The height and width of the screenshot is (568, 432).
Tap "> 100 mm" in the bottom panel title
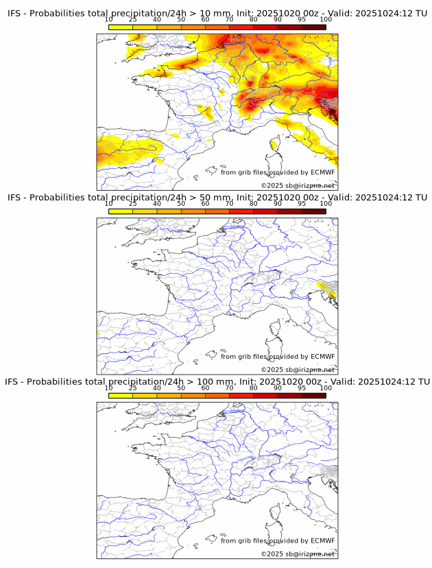coord(216,381)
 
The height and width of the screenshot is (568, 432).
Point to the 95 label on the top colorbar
coord(302,19)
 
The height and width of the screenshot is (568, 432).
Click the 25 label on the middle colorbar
coord(132,204)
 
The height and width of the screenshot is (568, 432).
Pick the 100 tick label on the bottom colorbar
coord(326,388)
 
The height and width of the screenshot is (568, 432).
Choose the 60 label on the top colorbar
coord(205,19)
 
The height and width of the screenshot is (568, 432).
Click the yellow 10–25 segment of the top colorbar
coord(121,26)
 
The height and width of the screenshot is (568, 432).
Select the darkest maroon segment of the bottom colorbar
coord(313,395)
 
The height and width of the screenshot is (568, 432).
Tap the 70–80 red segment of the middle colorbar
coord(241,211)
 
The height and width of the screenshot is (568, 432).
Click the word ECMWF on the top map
coord(322,172)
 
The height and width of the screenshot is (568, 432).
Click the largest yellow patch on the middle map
coord(330,289)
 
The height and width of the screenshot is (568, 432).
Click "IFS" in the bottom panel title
coord(14,381)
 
